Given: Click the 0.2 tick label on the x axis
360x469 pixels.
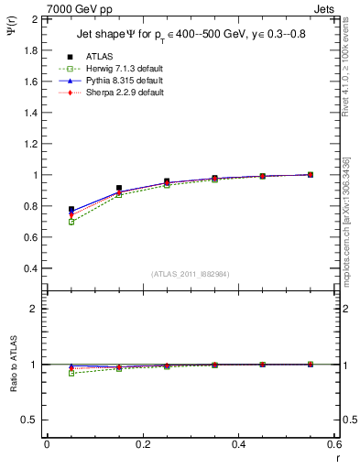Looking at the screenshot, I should [142, 444].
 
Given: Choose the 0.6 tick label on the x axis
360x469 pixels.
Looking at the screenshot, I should [333, 444].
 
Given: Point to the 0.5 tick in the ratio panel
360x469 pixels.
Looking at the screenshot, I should [30, 420].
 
